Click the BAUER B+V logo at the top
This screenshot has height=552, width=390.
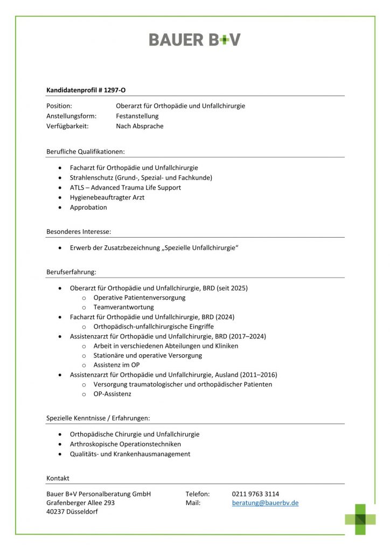[194, 39]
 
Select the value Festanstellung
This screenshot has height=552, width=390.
[137, 116]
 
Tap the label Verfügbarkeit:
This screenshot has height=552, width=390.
[67, 126]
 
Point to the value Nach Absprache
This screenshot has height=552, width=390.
[140, 126]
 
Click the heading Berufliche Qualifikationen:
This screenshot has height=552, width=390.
[86, 151]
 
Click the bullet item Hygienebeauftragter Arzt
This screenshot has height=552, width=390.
[107, 197]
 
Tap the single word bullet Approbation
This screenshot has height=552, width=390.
[88, 207]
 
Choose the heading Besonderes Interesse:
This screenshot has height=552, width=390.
[79, 231]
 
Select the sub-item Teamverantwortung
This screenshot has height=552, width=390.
[123, 307]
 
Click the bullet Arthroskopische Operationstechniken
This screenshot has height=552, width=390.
[126, 444]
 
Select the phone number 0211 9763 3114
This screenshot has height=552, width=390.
[255, 494]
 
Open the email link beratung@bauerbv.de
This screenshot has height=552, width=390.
[265, 503]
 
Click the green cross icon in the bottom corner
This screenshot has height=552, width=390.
[361, 519]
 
